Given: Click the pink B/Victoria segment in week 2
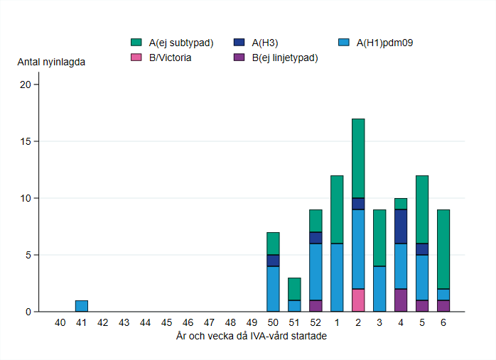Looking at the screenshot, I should click(x=357, y=300).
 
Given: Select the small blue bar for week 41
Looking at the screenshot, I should click(x=82, y=306).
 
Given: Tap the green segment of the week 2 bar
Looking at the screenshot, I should click(x=357, y=158).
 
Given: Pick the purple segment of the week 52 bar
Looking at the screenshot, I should click(x=316, y=305).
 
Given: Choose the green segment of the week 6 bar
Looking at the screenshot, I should click(x=443, y=249).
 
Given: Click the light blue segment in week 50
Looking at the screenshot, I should click(x=273, y=288).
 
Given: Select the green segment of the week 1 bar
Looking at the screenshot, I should click(x=337, y=209).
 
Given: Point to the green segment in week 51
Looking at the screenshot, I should click(x=294, y=288).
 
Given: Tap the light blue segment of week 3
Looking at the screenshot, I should click(x=379, y=288).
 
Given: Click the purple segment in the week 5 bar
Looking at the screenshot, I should click(x=421, y=305).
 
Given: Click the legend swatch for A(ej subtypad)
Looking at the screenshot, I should click(x=136, y=43).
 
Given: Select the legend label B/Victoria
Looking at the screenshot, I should click(x=169, y=58).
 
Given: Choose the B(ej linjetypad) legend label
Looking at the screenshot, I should click(x=284, y=58).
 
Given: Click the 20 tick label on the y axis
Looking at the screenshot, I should click(x=26, y=84).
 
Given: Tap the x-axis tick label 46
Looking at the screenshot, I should click(x=188, y=322).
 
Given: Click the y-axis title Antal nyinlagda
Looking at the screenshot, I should click(x=51, y=62).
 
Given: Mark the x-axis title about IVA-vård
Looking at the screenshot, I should click(x=251, y=336).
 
